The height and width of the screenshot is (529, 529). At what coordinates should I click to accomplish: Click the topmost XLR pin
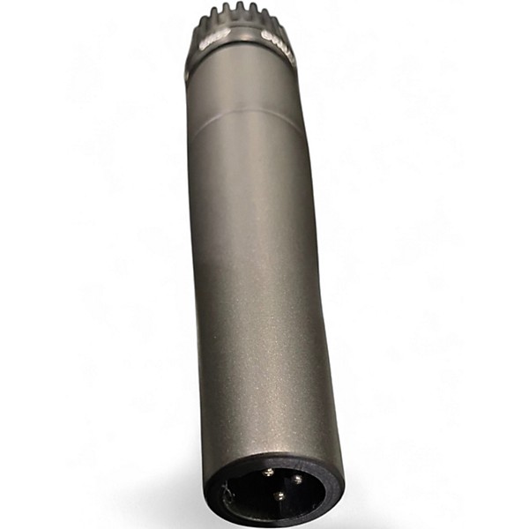[267, 473]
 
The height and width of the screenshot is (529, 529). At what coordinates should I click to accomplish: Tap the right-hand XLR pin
[297, 480]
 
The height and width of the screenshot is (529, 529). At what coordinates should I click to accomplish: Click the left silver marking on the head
[214, 39]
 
